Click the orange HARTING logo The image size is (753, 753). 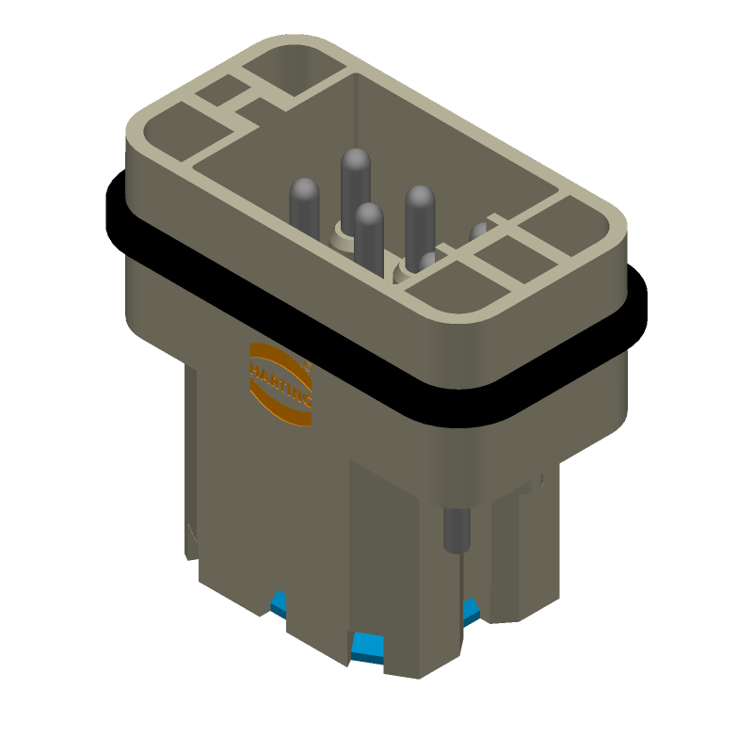point(280,385)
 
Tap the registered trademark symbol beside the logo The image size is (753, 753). point(308,361)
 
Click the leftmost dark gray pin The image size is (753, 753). point(305,202)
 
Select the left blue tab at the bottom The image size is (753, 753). point(279,603)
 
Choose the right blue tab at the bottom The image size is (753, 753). point(471,610)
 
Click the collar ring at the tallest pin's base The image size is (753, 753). point(340,229)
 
